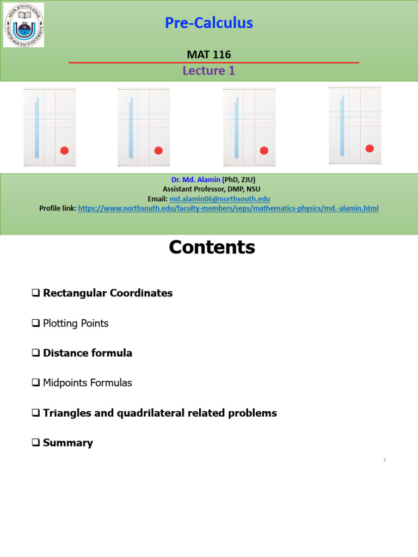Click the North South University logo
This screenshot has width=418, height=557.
pyautogui.click(x=24, y=24)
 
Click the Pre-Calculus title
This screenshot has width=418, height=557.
pyautogui.click(x=208, y=23)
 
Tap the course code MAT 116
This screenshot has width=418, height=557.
pyautogui.click(x=208, y=54)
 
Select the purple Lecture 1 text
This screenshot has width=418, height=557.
pyautogui.click(x=208, y=70)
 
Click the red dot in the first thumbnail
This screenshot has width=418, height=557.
pyautogui.click(x=64, y=151)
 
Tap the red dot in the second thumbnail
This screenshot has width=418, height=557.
pyautogui.click(x=158, y=151)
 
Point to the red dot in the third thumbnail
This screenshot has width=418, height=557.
pyautogui.click(x=264, y=151)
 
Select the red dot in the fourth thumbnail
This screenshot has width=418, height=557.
pyautogui.click(x=370, y=148)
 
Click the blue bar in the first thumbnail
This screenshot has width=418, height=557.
pyautogui.click(x=37, y=128)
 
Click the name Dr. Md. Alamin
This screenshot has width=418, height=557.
pyautogui.click(x=194, y=180)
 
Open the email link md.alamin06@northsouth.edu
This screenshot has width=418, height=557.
pyautogui.click(x=219, y=199)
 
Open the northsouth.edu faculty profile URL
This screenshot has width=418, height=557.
pyautogui.click(x=228, y=208)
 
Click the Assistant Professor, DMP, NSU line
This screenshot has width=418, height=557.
pyautogui.click(x=211, y=189)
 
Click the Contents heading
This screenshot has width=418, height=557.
pyautogui.click(x=212, y=247)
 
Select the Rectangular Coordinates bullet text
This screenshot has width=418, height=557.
pyautogui.click(x=108, y=293)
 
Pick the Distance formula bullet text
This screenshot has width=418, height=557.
pyautogui.click(x=88, y=353)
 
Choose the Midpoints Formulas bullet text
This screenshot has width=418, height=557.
pyautogui.click(x=88, y=383)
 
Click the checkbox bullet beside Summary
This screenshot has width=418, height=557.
pyautogui.click(x=36, y=443)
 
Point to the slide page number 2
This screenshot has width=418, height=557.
pyautogui.click(x=384, y=460)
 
